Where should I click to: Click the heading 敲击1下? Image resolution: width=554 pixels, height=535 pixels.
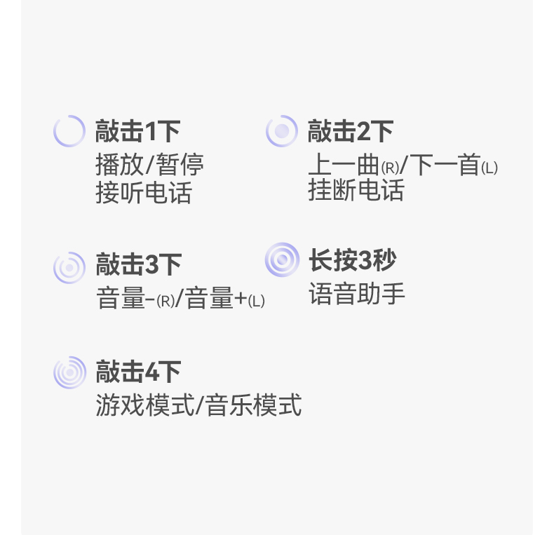pos(137,131)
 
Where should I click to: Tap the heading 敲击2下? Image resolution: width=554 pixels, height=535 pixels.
pos(350,131)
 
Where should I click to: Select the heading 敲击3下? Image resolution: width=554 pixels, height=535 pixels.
pos(138,265)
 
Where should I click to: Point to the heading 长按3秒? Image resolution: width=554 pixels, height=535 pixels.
pos(352,260)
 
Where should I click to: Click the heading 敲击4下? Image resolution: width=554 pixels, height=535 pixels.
pos(138,372)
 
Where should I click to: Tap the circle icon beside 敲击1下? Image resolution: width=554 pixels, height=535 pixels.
pos(69,131)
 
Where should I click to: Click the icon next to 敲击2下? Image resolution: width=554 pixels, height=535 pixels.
pos(282,131)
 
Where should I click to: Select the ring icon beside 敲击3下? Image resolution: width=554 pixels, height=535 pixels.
pos(69,267)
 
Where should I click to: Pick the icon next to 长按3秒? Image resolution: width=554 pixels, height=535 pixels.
pos(282,260)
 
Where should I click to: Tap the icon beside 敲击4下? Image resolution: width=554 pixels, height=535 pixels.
pos(69,372)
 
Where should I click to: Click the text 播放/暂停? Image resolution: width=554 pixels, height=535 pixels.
pos(149,165)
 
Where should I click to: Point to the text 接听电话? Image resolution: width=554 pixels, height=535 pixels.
pos(143,193)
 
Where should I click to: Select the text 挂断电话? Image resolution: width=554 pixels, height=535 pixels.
pos(356,190)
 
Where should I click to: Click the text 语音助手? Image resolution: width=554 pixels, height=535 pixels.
pos(356,294)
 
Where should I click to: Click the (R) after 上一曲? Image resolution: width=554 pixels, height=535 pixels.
pos(390,168)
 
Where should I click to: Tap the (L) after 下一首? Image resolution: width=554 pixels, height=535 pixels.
pos(489,168)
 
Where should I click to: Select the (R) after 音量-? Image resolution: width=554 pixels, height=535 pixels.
pos(165,302)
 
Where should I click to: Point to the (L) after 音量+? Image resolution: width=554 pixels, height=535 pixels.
pos(257,302)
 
